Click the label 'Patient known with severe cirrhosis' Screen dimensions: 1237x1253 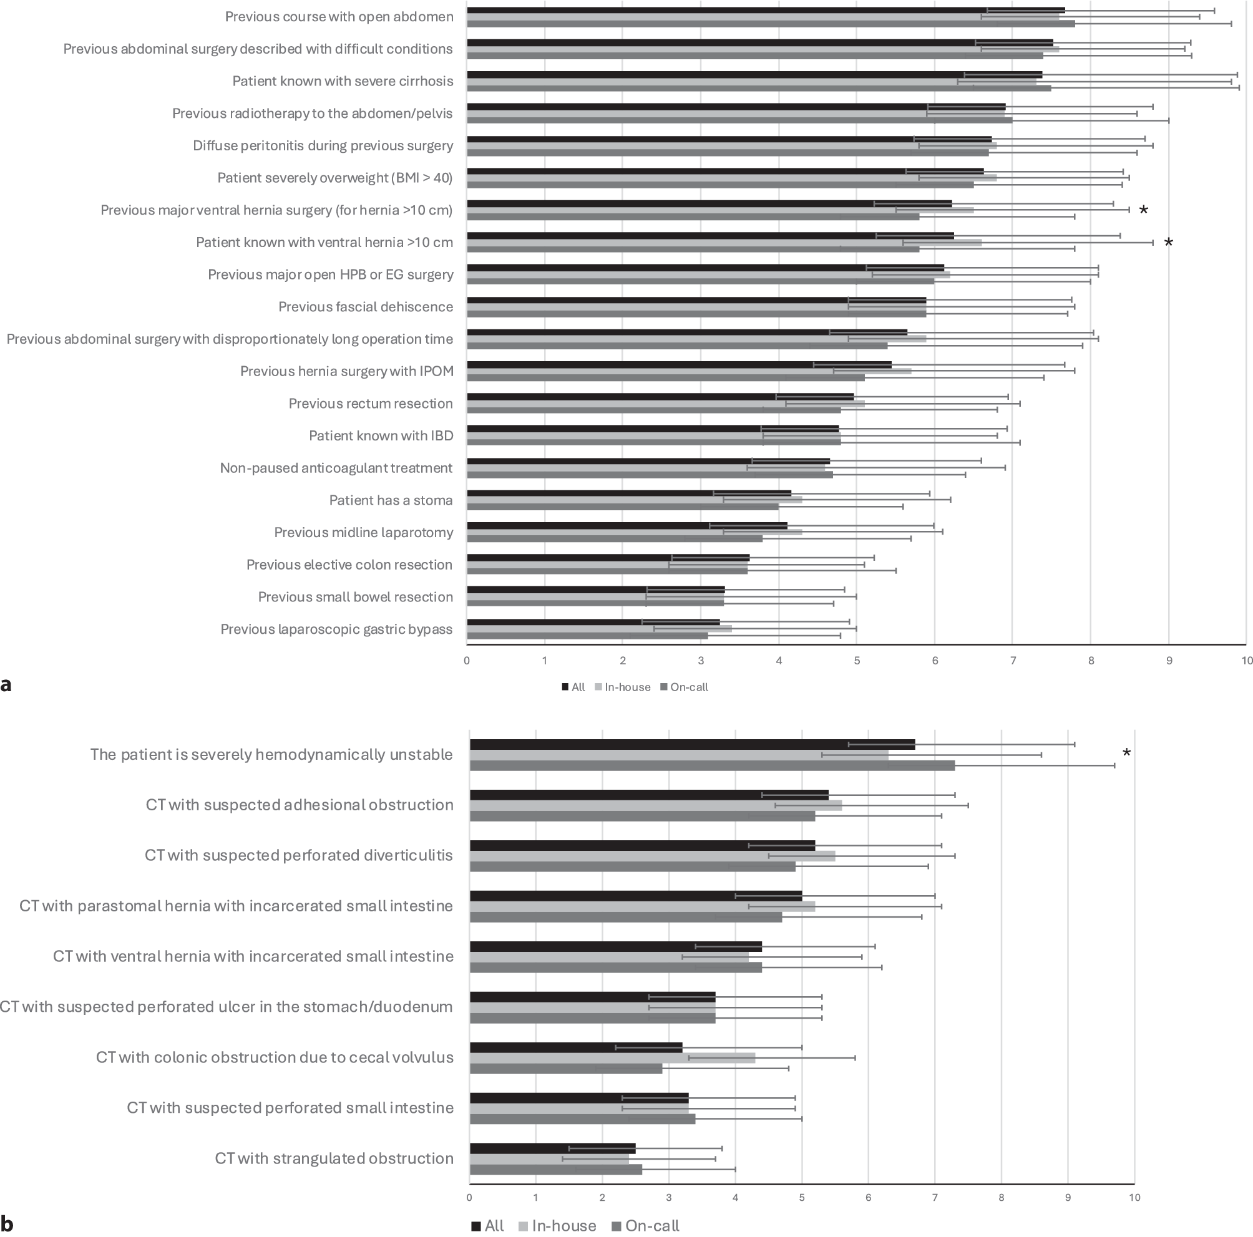click(343, 81)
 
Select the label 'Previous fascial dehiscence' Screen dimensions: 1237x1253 click(365, 307)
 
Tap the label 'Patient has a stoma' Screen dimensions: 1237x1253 click(391, 500)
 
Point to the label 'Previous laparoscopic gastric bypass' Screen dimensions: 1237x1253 click(336, 629)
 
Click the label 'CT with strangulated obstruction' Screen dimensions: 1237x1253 click(334, 1158)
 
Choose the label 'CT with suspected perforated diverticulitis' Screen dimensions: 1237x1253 click(298, 855)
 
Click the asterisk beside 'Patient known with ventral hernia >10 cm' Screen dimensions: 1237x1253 click(1169, 243)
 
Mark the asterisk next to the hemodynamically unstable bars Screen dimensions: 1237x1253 click(1127, 754)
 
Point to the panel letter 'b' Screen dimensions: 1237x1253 click(7, 1224)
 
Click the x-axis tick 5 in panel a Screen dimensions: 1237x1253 click(857, 661)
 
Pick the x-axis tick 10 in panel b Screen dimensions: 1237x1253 click(1134, 1198)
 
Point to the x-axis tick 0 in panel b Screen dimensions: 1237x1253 click(469, 1198)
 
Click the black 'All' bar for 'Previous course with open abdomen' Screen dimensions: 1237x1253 click(765, 11)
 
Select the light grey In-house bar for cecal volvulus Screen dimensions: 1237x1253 click(612, 1057)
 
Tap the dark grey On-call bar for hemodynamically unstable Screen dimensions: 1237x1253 click(711, 765)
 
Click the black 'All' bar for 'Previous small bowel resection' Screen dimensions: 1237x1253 click(595, 590)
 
